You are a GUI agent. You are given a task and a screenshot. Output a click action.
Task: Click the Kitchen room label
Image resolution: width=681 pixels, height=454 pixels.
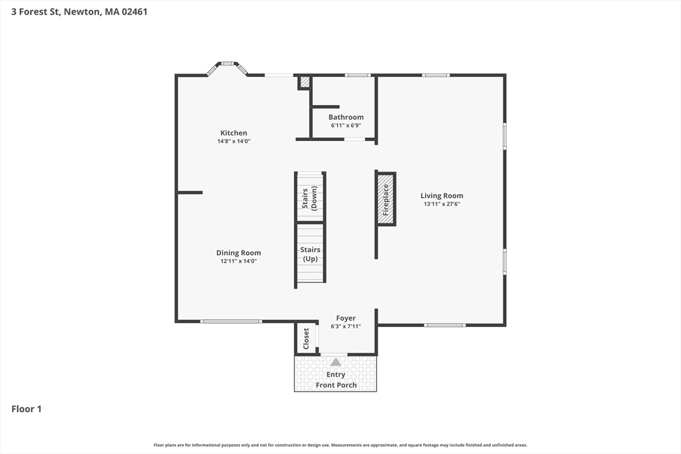point(233,133)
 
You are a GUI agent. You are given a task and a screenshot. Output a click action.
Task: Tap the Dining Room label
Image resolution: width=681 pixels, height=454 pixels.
point(238,253)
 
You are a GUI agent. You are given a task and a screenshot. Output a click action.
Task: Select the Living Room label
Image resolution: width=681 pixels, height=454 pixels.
point(442,195)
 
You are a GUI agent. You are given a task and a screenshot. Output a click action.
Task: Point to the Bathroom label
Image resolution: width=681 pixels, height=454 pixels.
point(346,117)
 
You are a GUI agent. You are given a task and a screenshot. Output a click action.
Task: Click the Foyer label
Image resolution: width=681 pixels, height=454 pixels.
point(345,318)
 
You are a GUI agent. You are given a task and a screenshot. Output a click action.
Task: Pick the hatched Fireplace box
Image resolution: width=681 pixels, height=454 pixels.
point(385,199)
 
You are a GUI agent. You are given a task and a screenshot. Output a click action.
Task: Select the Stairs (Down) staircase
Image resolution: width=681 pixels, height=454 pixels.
point(310,197)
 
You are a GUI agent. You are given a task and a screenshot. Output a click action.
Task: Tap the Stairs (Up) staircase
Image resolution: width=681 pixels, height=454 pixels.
point(311,254)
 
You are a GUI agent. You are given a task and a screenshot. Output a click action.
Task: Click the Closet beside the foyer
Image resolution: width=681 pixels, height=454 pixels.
point(307,338)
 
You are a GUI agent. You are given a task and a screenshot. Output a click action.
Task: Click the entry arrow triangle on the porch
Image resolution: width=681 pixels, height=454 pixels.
point(336,362)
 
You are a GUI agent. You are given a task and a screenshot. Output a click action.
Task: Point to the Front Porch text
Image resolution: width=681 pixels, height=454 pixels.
point(336,385)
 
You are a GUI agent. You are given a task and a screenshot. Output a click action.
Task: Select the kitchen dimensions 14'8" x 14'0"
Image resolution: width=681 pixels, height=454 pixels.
point(233,142)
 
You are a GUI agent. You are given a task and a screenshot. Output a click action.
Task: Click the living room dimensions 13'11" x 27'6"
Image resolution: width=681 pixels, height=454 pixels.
point(442,204)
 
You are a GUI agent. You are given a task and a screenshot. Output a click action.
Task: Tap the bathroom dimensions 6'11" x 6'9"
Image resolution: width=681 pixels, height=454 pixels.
point(346,126)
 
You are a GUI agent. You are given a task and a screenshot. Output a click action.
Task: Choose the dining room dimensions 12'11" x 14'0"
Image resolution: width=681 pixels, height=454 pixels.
point(238,261)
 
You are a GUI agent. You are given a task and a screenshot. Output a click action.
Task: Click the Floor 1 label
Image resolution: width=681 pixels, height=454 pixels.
point(27,409)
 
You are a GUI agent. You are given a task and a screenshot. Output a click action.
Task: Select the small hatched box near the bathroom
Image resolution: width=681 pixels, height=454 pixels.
point(305,82)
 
